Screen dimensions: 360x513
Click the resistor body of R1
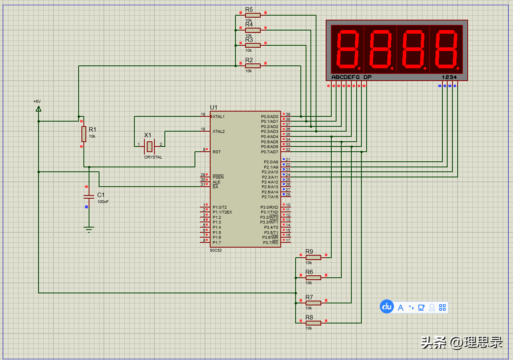tap(84, 134)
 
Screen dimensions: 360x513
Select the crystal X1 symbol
tap(150, 146)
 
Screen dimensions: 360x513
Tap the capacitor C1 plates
tap(89, 197)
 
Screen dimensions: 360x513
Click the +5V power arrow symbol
tap(39, 109)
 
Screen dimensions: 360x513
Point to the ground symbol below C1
tap(89, 230)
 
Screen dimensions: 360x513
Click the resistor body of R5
tap(253, 15)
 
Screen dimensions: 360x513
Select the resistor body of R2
tap(253, 66)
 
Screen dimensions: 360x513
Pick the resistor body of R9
tap(313, 257)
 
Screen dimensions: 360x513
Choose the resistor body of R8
tap(313, 323)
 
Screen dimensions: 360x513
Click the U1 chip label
tap(213, 107)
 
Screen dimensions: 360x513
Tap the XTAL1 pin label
tap(219, 117)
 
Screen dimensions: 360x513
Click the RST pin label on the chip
tap(217, 152)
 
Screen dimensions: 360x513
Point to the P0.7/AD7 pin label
tap(270, 152)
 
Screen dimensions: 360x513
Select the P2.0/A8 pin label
tap(271, 162)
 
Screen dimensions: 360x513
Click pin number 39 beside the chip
tap(288, 114)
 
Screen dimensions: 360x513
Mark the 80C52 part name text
tap(216, 250)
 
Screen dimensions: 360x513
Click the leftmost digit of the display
tap(347, 49)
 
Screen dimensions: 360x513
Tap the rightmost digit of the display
tap(446, 49)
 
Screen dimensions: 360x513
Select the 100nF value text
tap(103, 201)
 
